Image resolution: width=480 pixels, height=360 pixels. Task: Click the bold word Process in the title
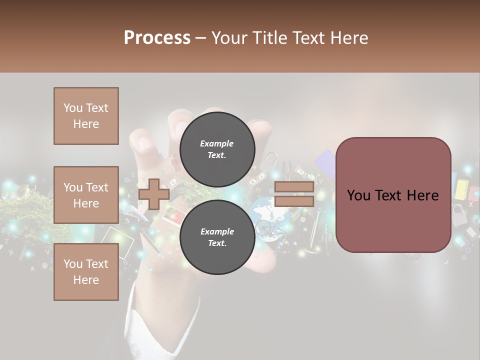tap(157, 38)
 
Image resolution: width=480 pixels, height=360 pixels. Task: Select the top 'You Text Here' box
tap(86, 116)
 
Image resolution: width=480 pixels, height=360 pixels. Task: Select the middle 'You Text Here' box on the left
tap(86, 195)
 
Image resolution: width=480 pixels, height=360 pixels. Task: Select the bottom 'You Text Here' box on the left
tap(86, 271)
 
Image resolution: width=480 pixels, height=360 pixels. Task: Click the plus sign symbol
tap(154, 194)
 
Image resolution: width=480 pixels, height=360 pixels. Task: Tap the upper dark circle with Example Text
tap(217, 149)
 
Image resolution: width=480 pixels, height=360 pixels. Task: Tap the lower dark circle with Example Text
tap(217, 237)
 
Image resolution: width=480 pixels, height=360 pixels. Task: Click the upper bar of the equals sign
tap(294, 187)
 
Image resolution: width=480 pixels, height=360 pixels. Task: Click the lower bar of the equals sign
tap(294, 201)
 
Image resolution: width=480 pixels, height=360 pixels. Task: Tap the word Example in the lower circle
tap(217, 231)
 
